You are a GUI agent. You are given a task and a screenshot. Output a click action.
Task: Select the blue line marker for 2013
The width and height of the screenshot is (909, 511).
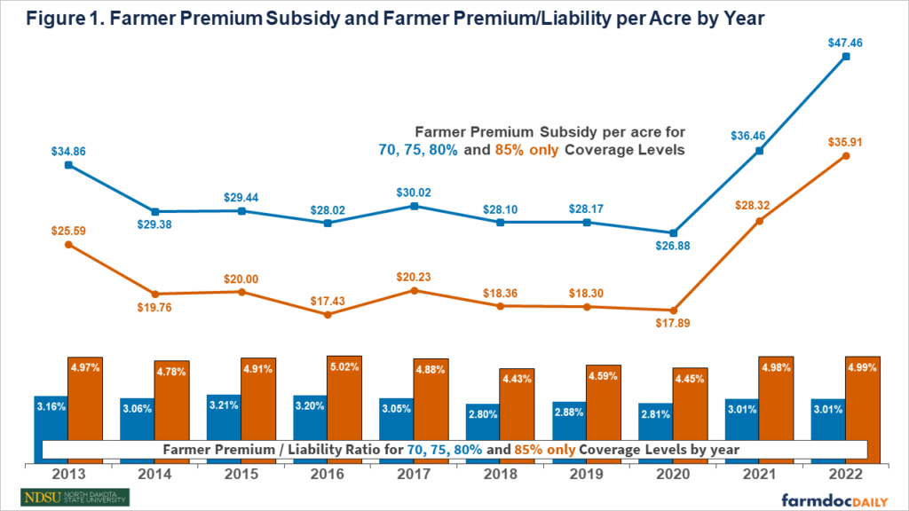pos(69,165)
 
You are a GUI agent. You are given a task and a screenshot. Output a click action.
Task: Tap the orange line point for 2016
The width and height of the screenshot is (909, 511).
pos(328,314)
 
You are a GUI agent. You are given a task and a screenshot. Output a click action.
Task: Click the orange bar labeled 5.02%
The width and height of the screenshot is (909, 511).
pos(344,395)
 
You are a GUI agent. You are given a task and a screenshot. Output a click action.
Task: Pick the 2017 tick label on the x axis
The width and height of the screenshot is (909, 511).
pos(413,476)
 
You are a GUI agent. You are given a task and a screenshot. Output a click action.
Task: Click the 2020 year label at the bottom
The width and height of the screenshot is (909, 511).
pos(672,476)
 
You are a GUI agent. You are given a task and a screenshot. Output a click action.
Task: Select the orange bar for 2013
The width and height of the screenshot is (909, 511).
pos(86,396)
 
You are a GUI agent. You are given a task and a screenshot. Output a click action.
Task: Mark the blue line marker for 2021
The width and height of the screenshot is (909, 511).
pos(759,151)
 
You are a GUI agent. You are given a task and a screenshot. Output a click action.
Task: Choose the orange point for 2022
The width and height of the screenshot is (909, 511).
pos(845,156)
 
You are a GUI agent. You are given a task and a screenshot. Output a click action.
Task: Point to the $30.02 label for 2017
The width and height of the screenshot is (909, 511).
pos(414,191)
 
